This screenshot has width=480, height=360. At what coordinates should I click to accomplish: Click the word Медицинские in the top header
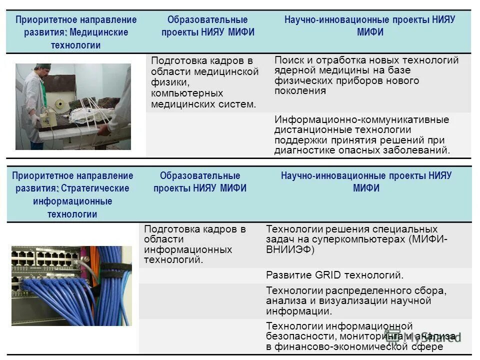[x=99, y=32]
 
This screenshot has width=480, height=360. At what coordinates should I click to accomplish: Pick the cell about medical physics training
[x=205, y=82]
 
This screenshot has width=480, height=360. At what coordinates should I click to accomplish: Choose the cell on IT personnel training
[x=195, y=244]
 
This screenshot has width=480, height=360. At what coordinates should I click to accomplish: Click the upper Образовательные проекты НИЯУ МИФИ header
[x=207, y=26]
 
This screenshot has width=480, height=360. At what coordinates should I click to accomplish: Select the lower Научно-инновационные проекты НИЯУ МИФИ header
[x=366, y=182]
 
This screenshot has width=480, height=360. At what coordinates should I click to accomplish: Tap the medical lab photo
[x=73, y=106]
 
